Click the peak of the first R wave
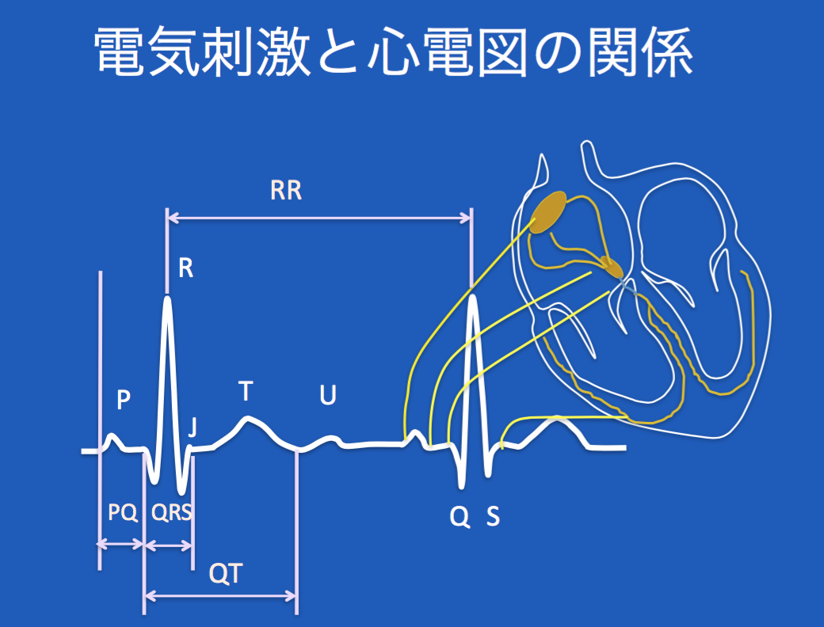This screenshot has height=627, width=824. tap(168, 298)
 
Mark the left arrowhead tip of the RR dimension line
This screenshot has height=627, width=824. tap(168, 218)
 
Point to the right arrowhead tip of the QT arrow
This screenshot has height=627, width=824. tap(297, 595)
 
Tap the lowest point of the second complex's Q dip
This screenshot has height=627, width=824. tap(462, 486)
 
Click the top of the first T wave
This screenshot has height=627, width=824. tap(248, 419)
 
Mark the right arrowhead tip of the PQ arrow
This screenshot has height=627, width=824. tap(143, 544)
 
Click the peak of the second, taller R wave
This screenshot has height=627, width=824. tap(473, 297)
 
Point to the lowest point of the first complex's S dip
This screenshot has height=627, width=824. tap(181, 492)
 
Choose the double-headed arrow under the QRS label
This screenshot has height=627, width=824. tap(169, 545)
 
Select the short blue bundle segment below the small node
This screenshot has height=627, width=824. tap(628, 287)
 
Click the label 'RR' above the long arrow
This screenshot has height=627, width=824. tap(286, 191)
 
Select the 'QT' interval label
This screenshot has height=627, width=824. tap(226, 573)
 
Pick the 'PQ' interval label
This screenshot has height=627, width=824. tap(123, 512)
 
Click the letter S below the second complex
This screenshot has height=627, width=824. tap(493, 517)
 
